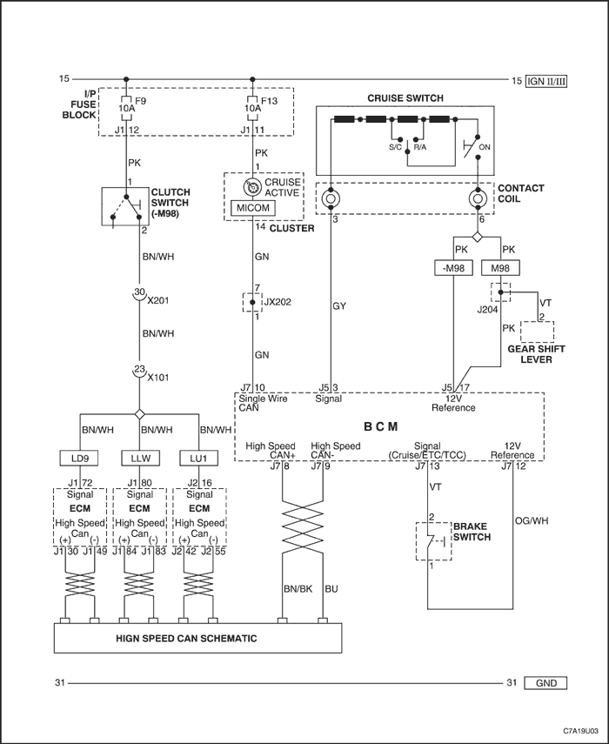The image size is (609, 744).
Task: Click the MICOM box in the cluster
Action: (x=252, y=208)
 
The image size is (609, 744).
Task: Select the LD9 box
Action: (x=80, y=459)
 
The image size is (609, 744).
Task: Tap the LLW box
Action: (x=140, y=459)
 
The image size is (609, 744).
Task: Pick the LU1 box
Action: (x=198, y=459)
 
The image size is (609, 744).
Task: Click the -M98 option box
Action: (x=453, y=268)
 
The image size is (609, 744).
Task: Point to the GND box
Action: (x=545, y=683)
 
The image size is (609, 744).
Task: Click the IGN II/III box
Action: (x=546, y=81)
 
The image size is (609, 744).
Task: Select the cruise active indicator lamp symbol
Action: (x=251, y=187)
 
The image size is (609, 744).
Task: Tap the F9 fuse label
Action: (x=141, y=101)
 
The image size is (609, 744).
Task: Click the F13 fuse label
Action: (x=270, y=101)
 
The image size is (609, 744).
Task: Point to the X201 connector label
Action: (x=158, y=300)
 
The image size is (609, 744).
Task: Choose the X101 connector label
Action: (x=158, y=378)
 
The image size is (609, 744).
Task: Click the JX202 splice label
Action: (x=278, y=302)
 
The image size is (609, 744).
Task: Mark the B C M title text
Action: (x=381, y=426)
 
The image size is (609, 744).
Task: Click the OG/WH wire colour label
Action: (x=532, y=520)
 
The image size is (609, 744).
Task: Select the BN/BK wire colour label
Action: (x=298, y=589)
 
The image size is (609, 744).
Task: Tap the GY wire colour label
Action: (x=339, y=306)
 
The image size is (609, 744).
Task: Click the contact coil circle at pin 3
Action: (x=330, y=198)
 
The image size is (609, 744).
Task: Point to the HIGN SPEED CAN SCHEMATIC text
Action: (x=186, y=638)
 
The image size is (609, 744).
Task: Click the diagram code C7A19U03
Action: (x=581, y=730)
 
